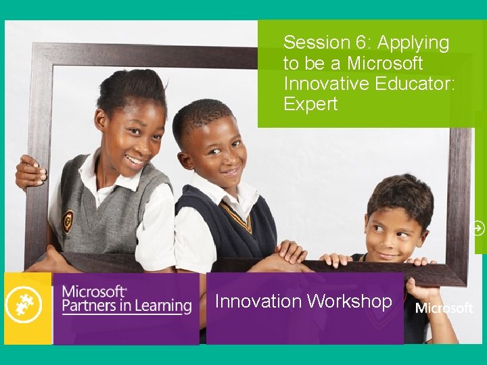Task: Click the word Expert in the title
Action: tap(310, 105)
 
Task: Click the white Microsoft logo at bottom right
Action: tap(444, 308)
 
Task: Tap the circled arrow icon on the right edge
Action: tap(478, 228)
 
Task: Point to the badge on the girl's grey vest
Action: tap(68, 221)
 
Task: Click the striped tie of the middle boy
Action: tap(237, 216)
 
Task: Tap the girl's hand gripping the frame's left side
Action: tap(31, 172)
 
